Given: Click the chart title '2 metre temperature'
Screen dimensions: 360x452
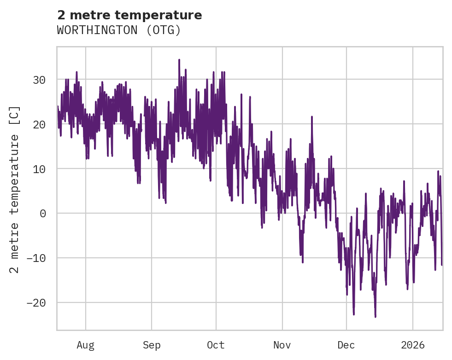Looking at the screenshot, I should coord(129,15).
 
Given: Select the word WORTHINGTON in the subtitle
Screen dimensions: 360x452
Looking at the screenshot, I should coord(98,30).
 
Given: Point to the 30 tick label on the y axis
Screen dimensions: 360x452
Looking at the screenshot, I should coord(39,80).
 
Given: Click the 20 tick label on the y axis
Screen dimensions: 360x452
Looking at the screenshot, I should coord(39,125).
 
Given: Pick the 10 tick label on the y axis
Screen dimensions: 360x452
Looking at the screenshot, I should coord(39,169).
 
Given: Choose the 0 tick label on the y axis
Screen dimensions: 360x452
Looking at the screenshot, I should coord(42,214).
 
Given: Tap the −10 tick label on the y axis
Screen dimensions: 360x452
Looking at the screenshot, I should coord(36,258).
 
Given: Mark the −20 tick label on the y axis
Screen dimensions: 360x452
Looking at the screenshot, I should coord(36,303).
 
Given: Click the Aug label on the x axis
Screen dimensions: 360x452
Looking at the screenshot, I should coord(86,345).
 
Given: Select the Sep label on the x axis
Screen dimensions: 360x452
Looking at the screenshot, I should coord(152,345).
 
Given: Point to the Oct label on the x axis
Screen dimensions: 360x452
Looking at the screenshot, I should coord(216,345).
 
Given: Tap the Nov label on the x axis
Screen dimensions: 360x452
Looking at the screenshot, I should coord(282,345).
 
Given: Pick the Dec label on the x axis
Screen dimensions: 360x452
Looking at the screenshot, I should coord(346,345).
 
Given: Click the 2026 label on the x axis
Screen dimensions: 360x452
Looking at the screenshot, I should coord(413,345).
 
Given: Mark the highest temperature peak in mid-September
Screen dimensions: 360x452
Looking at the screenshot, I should coord(179,60).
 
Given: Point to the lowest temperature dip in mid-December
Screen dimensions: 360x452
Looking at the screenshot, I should coord(375,317).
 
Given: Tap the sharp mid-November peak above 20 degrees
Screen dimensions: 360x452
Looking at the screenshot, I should coord(312,116).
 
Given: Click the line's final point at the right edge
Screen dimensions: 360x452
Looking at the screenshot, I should coord(442,265).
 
